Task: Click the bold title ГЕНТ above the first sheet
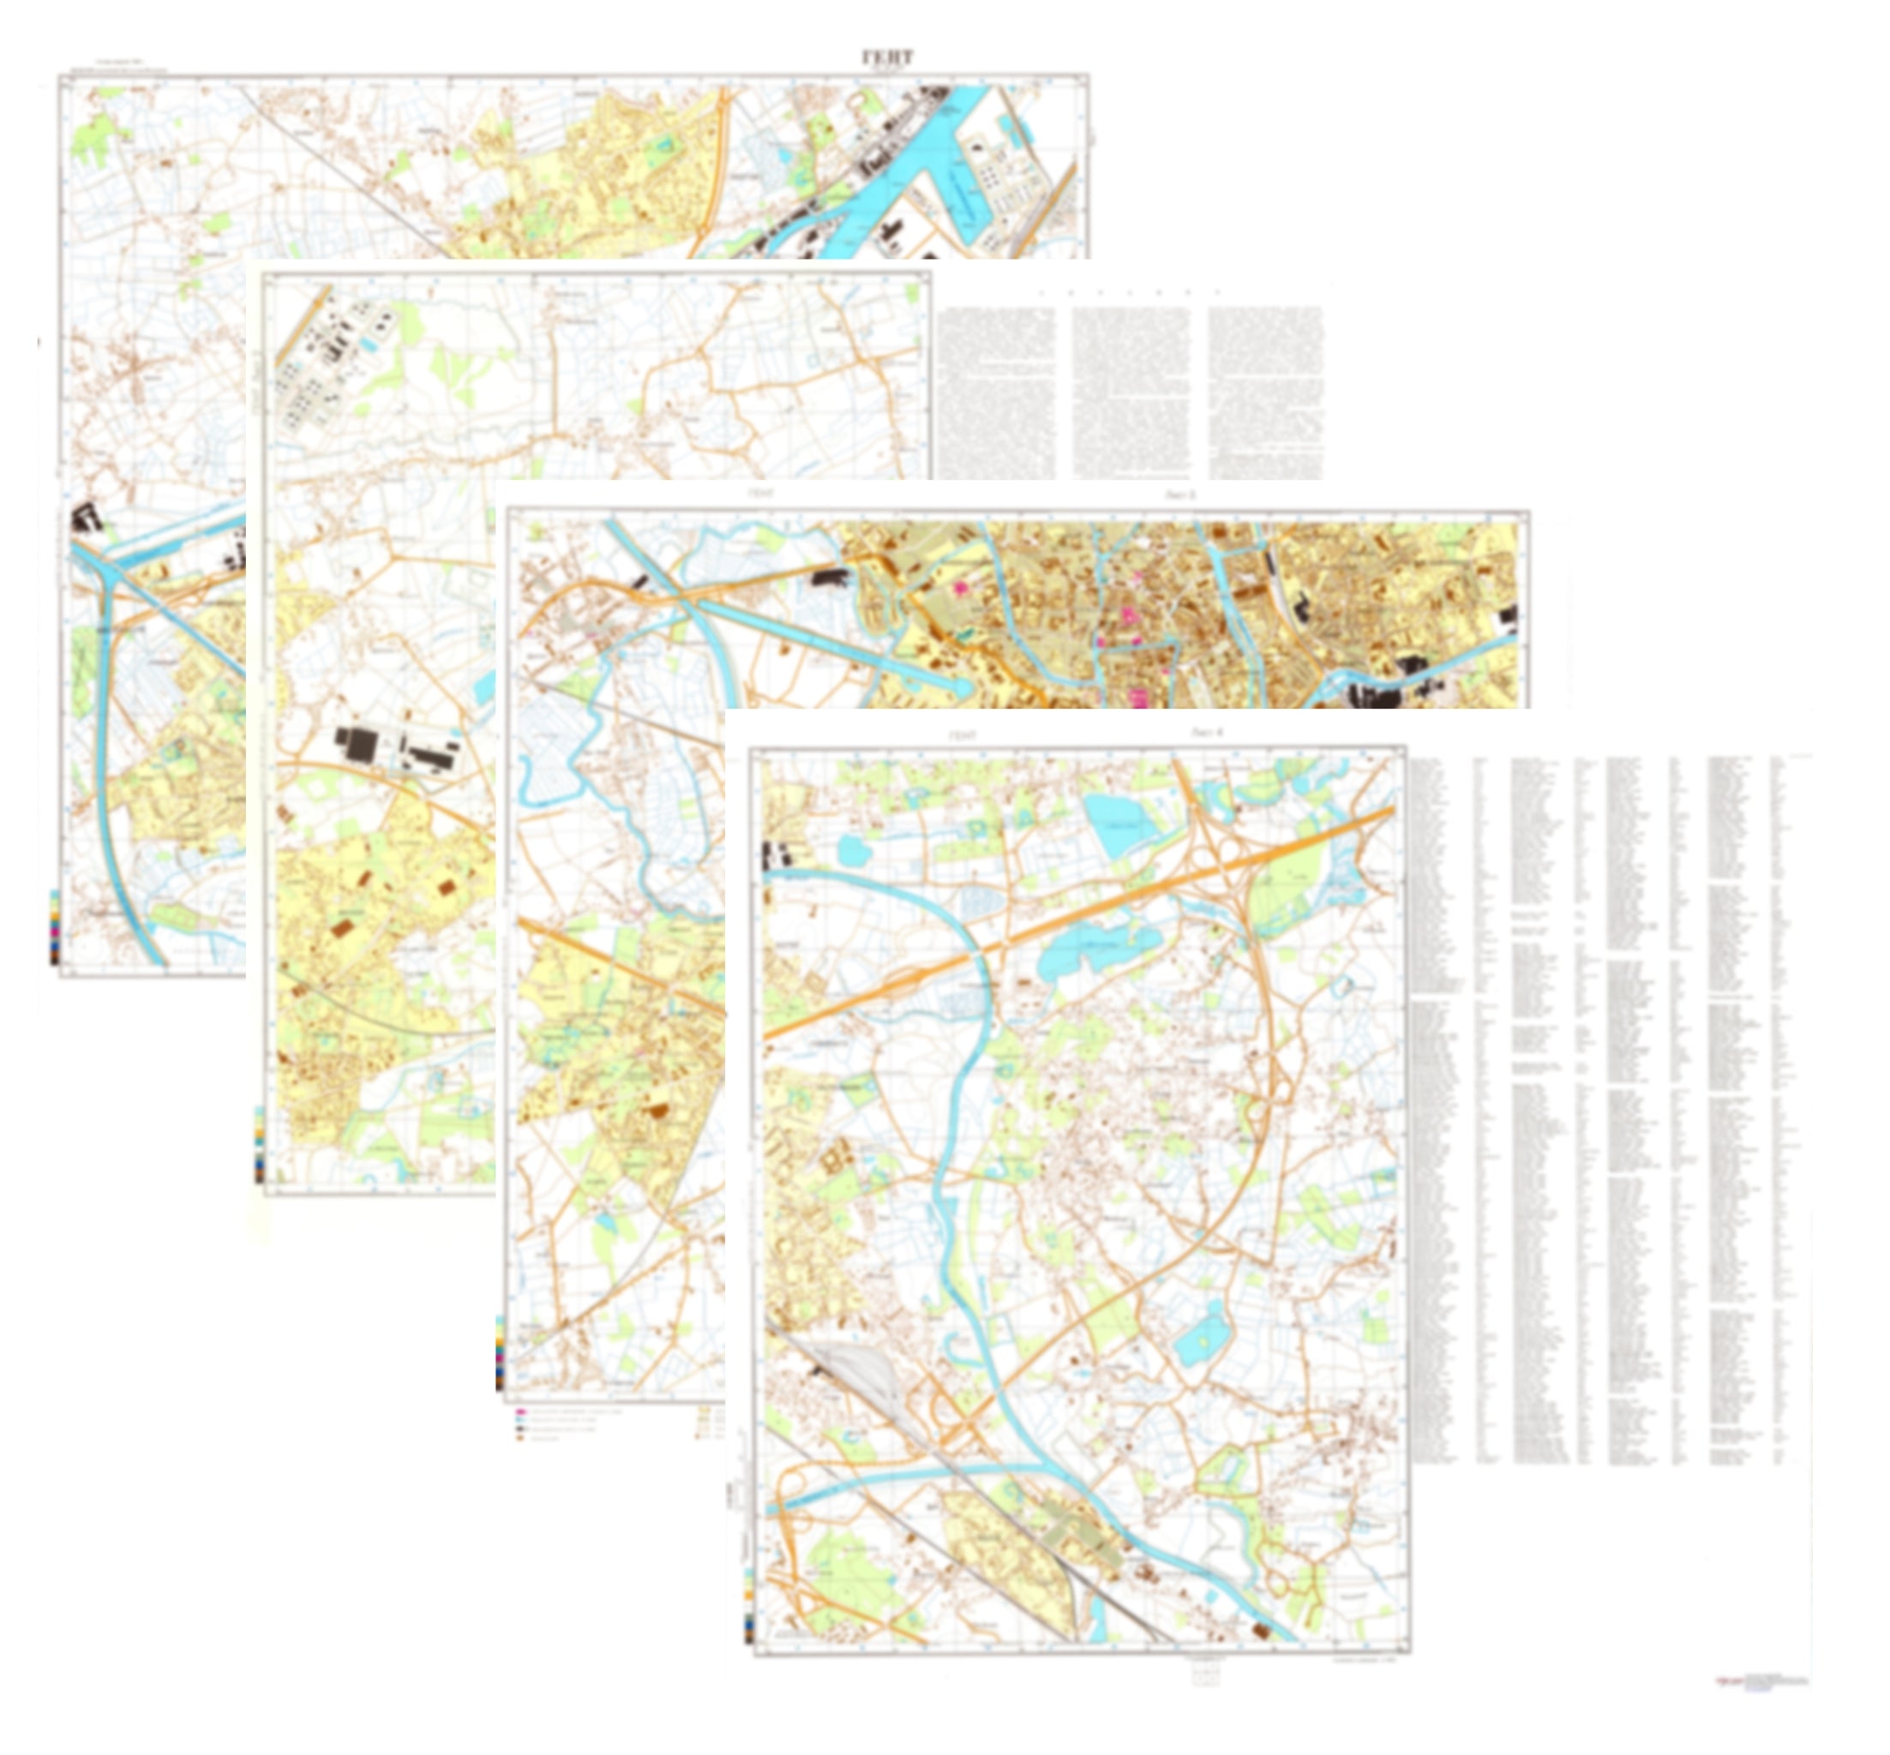(x=887, y=58)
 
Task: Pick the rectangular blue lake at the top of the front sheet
(x=1124, y=823)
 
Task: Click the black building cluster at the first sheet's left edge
(x=87, y=518)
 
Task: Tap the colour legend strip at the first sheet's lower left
(x=54, y=926)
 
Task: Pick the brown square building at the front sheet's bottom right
(x=1261, y=1631)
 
